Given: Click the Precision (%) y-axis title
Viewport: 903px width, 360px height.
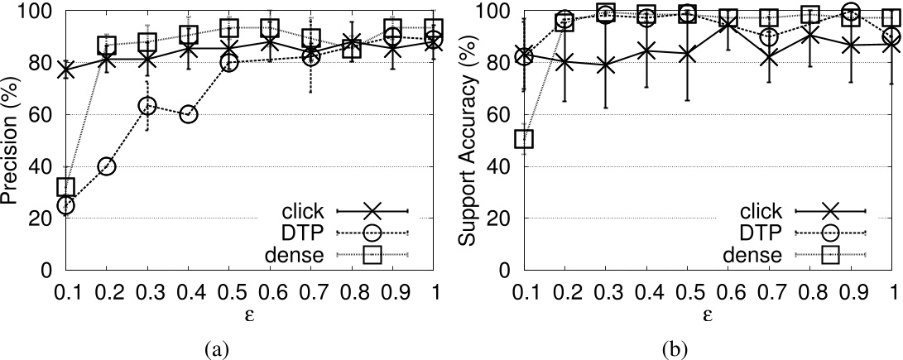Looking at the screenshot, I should [12, 141].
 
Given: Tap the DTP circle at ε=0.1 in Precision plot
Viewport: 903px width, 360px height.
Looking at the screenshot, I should [65, 205].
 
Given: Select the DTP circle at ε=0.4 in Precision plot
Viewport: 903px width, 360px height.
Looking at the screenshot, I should [188, 114].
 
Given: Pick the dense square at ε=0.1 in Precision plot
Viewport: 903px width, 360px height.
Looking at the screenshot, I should [65, 187].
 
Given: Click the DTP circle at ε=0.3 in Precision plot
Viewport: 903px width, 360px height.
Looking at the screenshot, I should [146, 106].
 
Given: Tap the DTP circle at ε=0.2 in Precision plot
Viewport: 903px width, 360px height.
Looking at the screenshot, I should [106, 166].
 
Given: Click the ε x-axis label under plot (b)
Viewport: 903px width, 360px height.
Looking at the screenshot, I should [708, 316].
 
